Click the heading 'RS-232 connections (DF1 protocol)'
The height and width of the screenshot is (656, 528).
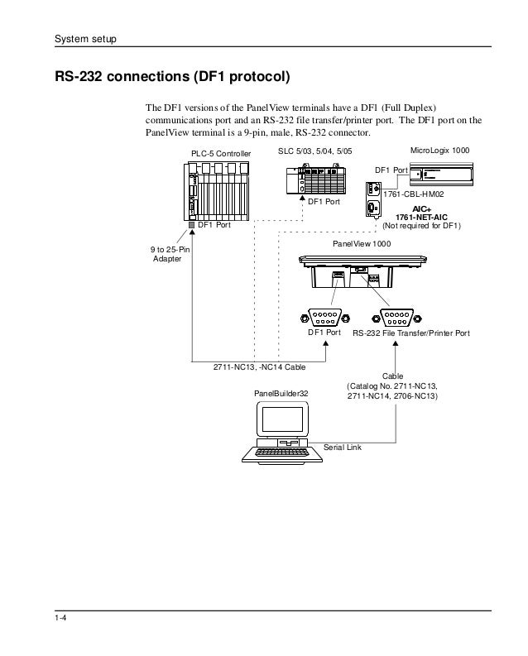[172, 79]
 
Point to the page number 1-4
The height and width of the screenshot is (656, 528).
[60, 622]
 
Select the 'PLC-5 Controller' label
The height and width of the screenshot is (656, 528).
[221, 154]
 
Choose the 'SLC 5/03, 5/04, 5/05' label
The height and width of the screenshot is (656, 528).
[314, 152]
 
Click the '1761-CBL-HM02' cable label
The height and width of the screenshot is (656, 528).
[414, 194]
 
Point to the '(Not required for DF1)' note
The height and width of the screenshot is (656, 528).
[421, 227]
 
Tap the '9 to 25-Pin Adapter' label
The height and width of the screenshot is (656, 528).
[169, 254]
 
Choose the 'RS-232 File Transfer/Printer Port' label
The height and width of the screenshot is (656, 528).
[411, 333]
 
